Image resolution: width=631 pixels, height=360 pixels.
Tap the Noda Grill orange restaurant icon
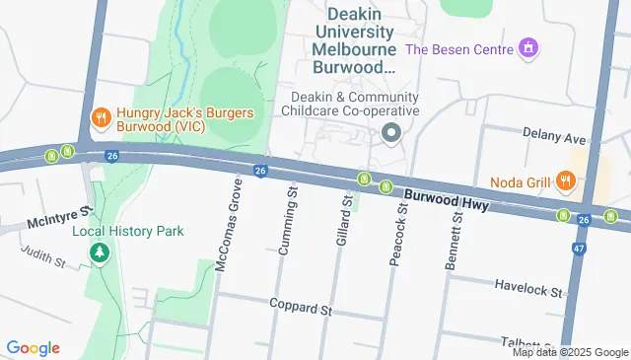click(x=564, y=180)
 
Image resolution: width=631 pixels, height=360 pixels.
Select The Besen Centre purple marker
click(x=529, y=47)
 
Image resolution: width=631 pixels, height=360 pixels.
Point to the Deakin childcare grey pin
click(x=391, y=133)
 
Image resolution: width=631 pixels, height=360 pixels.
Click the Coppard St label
click(x=301, y=309)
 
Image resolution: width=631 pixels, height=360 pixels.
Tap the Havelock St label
click(x=528, y=293)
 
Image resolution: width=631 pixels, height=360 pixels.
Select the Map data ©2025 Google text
click(x=569, y=352)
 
